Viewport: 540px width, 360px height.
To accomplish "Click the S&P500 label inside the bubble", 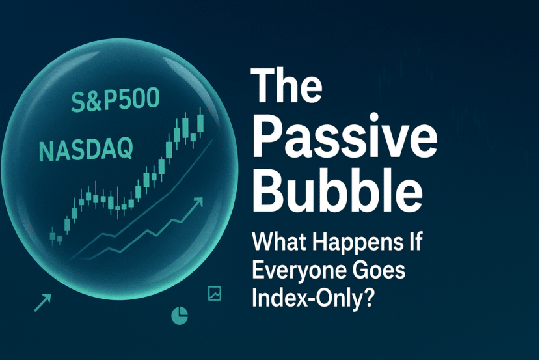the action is click(115, 99).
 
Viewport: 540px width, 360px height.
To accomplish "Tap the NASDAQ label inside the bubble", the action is click(86, 149).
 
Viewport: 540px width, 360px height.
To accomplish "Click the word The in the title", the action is click(287, 85).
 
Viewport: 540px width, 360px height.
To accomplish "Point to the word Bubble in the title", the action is click(338, 191).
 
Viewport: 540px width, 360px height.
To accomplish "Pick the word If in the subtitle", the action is click(412, 242).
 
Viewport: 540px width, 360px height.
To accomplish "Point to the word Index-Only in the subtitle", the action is click(306, 298).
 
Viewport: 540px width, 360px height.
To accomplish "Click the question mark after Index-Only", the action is click(368, 298).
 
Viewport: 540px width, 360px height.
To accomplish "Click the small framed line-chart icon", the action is click(215, 294).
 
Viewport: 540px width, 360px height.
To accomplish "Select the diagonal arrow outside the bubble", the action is click(43, 303).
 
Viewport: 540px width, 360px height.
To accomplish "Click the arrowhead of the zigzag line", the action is click(198, 202).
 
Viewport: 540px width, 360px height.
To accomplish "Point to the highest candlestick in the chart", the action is click(200, 123).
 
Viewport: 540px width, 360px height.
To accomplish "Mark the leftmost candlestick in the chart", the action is click(53, 236).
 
